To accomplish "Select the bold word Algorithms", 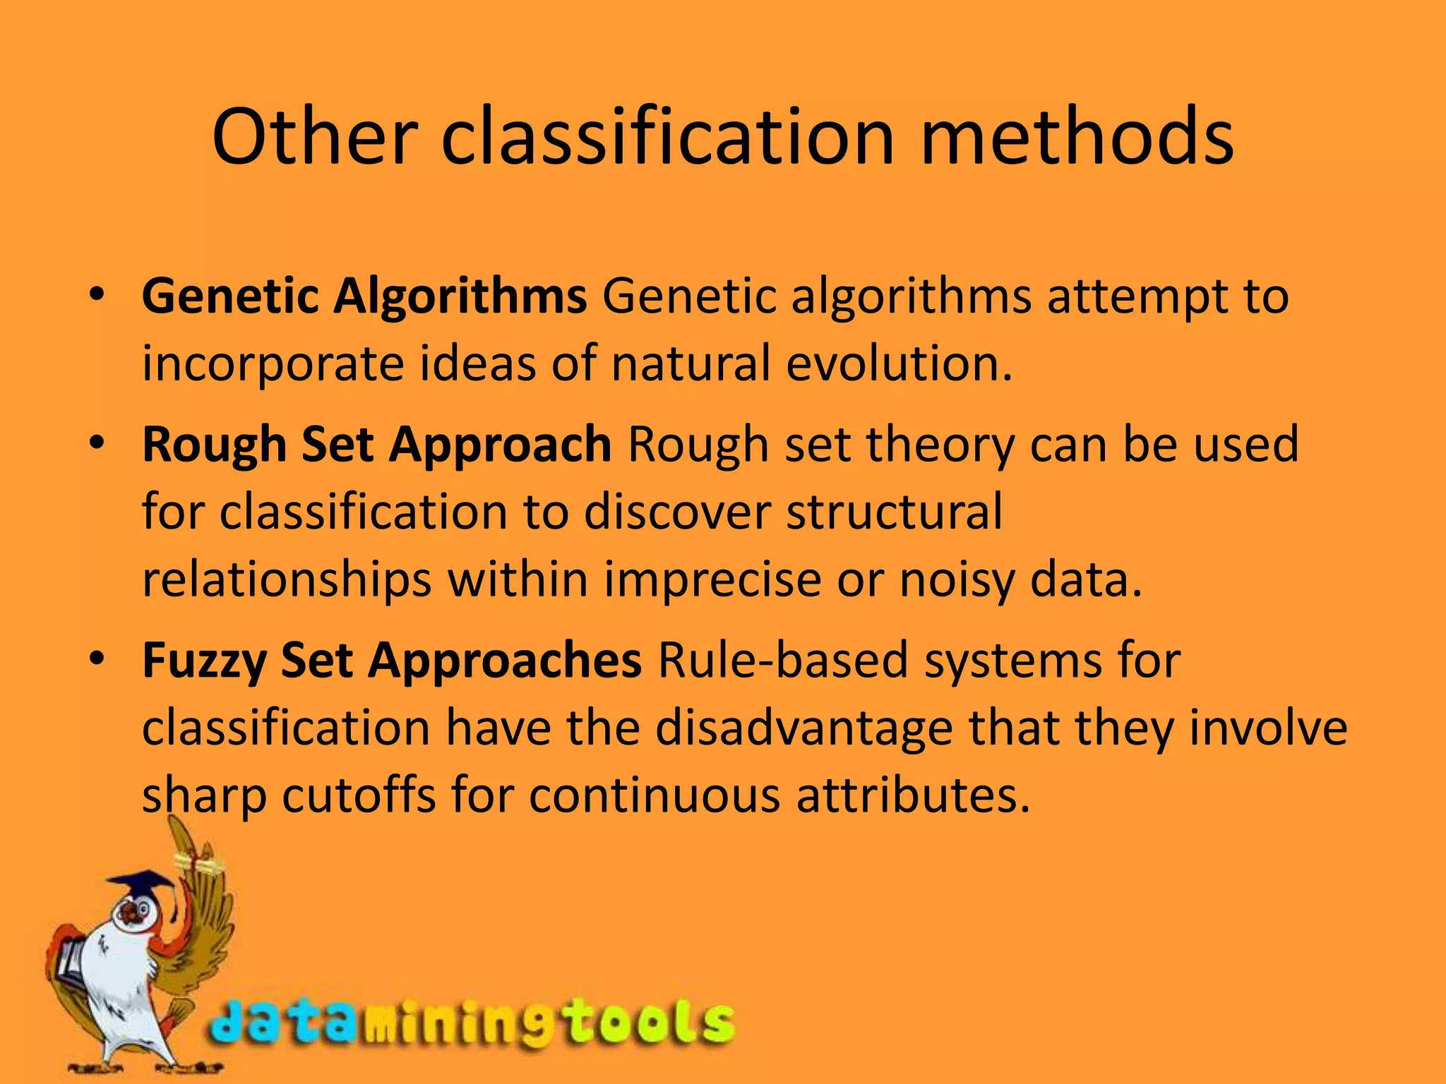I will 460,296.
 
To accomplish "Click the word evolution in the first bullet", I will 899,363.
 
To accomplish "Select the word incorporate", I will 273,365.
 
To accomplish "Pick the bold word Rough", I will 214,445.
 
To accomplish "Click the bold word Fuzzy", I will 203,661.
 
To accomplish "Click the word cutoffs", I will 359,795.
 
